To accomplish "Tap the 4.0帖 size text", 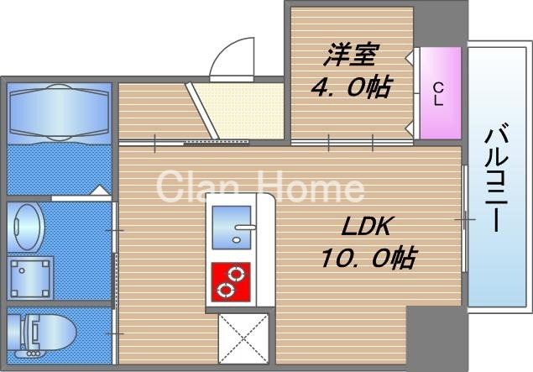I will [351, 86].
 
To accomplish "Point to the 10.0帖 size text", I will [366, 257].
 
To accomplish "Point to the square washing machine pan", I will [29, 275].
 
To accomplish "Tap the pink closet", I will [438, 92].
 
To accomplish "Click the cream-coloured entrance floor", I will [243, 109].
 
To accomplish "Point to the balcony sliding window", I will [464, 218].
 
